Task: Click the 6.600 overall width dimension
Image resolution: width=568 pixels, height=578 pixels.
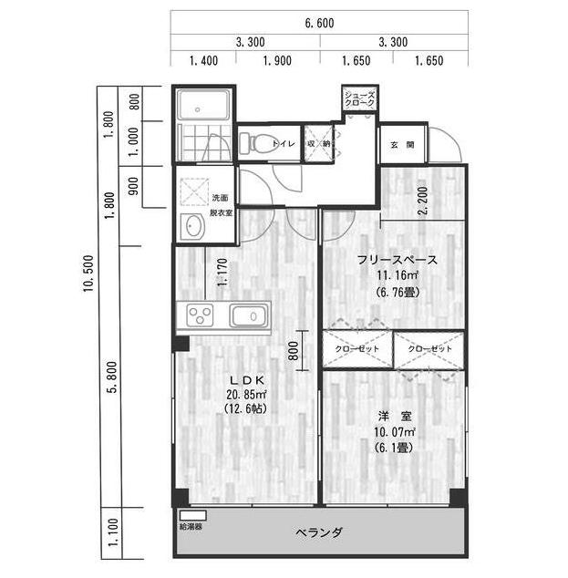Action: pos(319,23)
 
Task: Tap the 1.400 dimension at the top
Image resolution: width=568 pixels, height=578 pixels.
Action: pos(203,60)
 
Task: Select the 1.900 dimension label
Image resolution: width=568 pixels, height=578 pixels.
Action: pos(277,60)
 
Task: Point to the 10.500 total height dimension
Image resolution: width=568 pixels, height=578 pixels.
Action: pos(88,274)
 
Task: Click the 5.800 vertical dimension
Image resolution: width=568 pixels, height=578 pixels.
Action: pos(111,377)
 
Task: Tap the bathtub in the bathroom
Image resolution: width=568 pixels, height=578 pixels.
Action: pos(202,104)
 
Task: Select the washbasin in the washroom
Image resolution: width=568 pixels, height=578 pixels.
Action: pos(192,226)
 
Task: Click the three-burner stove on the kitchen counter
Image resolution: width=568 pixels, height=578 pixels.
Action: pos(201,315)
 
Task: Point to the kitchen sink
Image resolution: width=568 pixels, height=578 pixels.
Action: pos(249,316)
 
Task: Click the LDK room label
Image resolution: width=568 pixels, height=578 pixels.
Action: pos(246,380)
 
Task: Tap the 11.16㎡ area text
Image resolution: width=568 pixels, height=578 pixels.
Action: pos(397,275)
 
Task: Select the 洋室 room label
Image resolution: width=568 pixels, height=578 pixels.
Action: pos(395,416)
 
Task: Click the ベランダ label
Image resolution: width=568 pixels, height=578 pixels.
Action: pos(319,532)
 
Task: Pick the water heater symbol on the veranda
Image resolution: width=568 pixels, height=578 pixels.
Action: pos(192,515)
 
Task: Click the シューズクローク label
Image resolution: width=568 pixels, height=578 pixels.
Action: pos(359,98)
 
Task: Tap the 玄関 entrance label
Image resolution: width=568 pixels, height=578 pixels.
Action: pos(402,145)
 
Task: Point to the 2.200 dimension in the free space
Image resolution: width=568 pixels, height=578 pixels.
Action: pos(423,201)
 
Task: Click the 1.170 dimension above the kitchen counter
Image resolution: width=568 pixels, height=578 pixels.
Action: pos(222,273)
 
